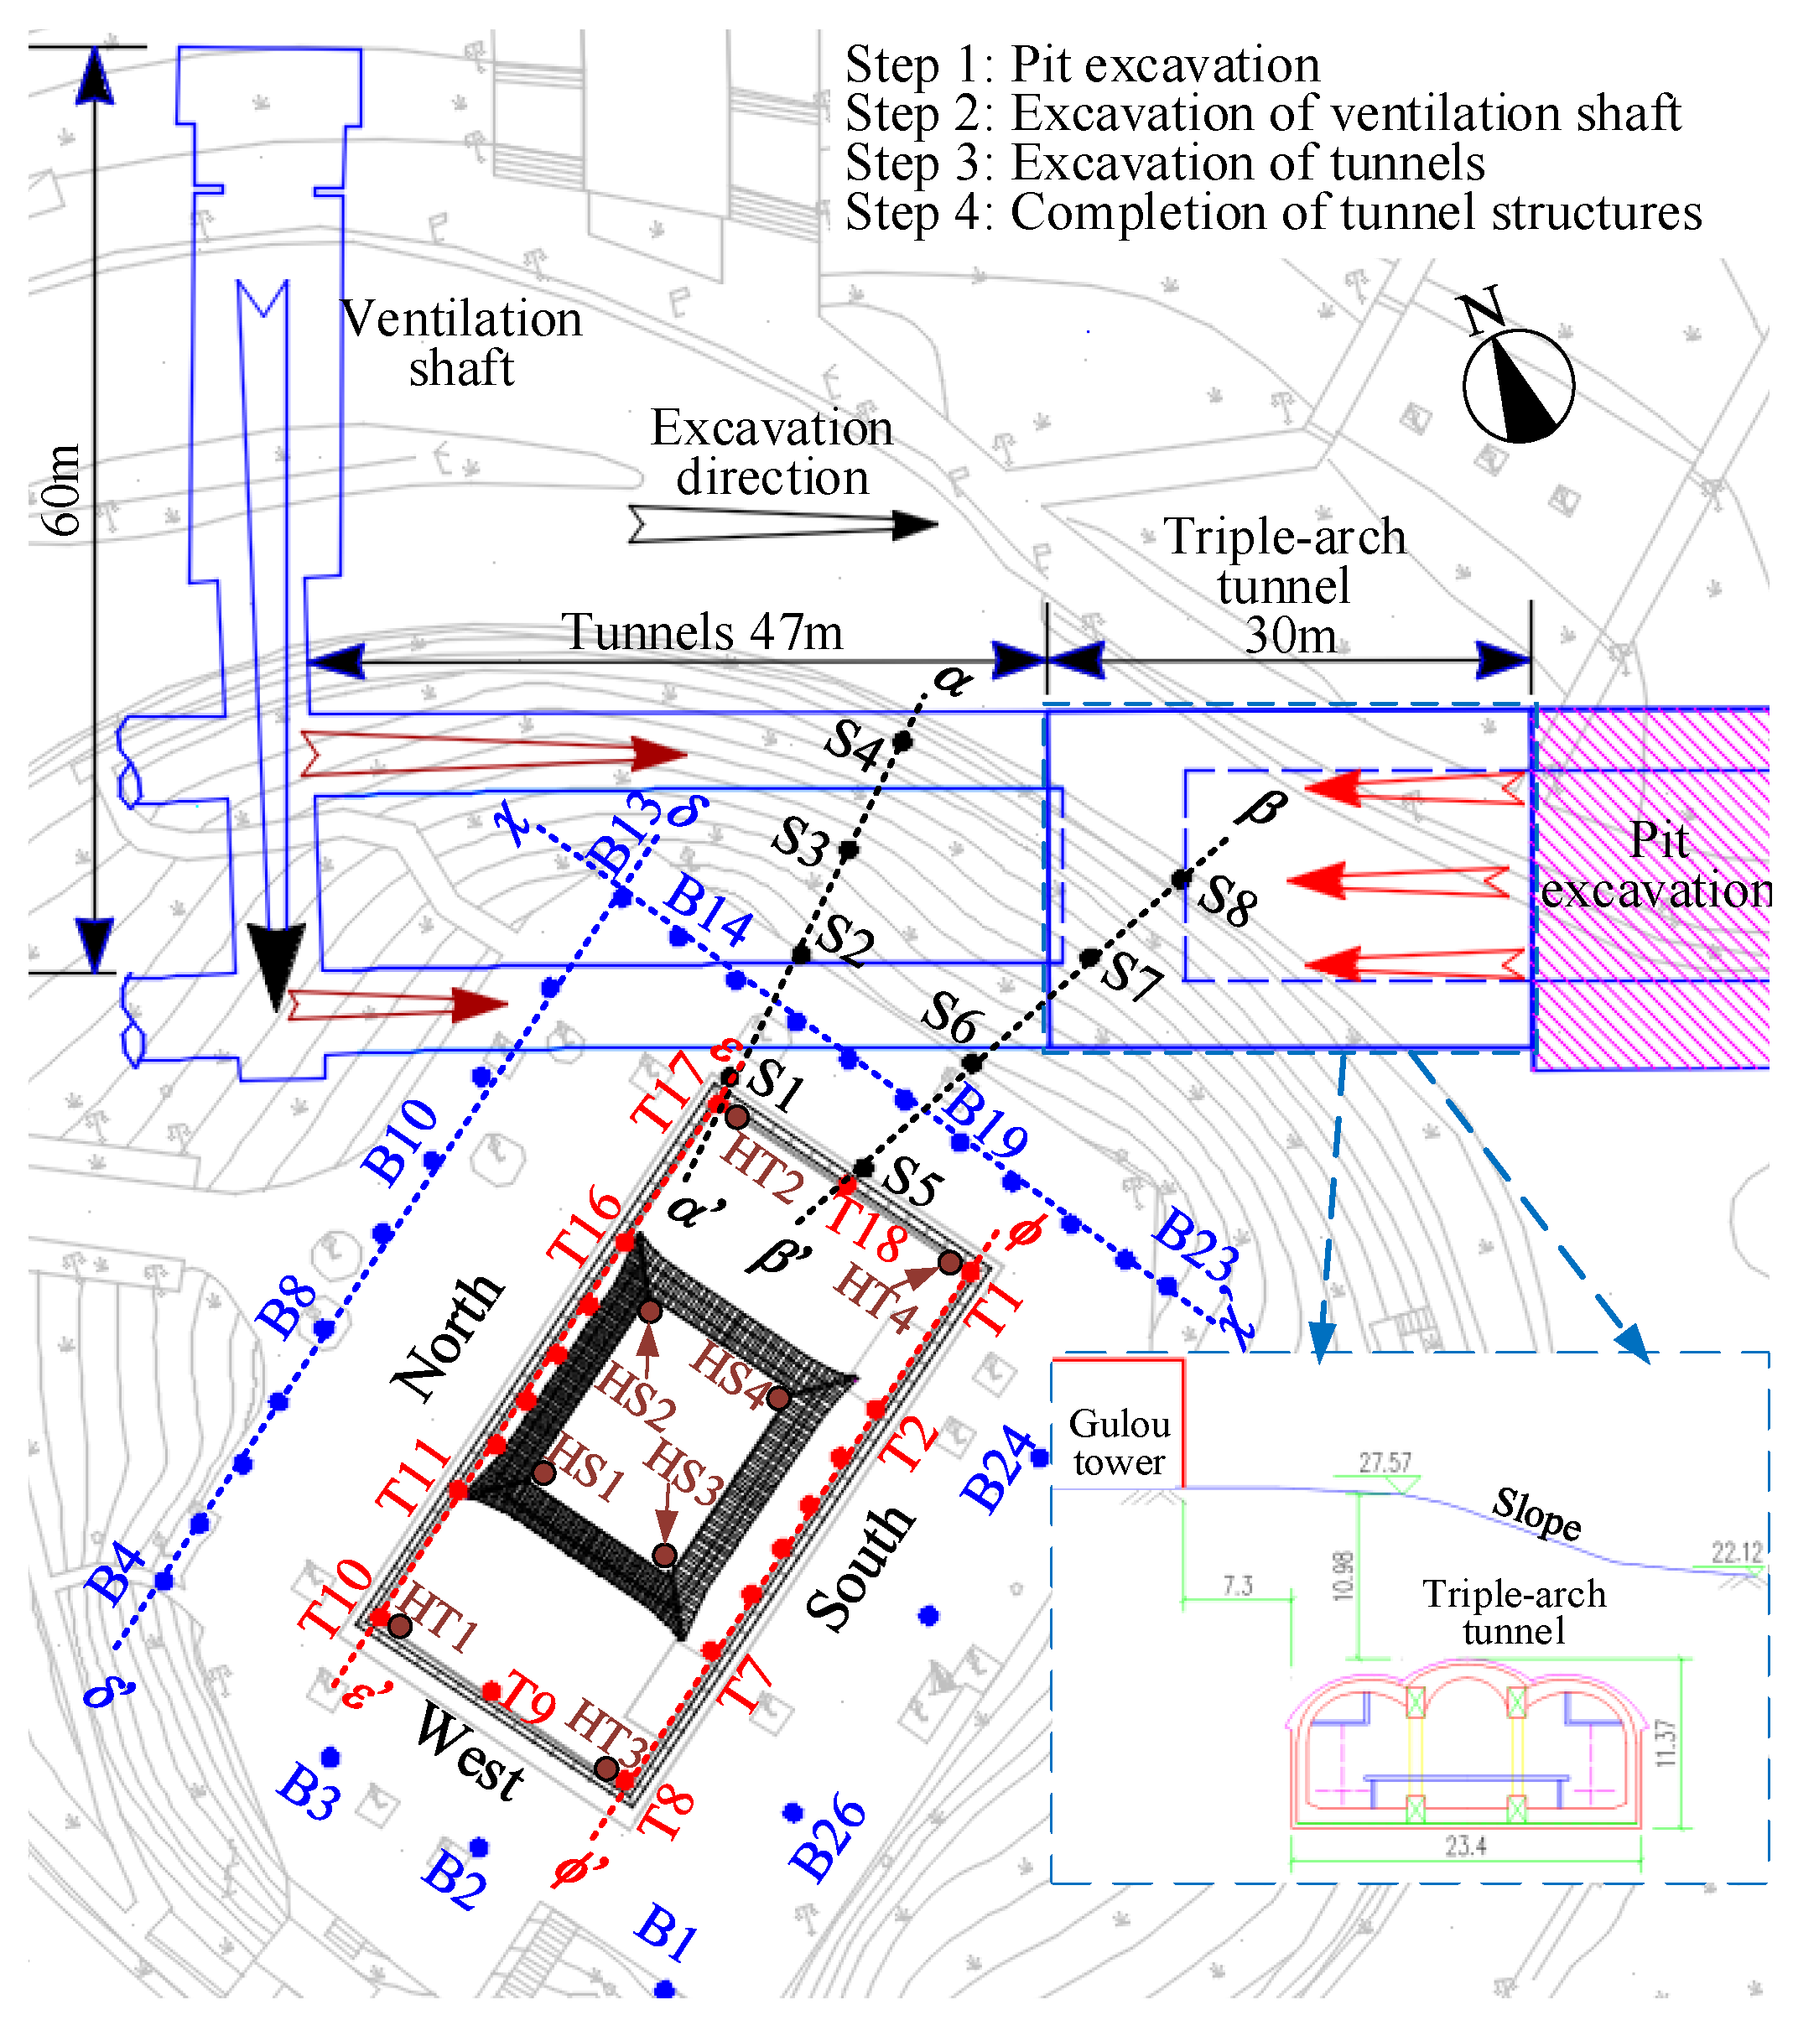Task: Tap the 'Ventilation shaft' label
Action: point(461,343)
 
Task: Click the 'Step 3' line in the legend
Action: point(1164,163)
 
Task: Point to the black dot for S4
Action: point(902,740)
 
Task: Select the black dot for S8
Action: point(1181,878)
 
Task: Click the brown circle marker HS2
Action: point(649,1312)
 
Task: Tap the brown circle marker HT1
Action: point(399,1626)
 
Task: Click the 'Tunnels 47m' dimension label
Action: point(702,632)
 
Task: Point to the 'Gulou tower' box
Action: point(1118,1443)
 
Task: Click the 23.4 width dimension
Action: point(1465,1847)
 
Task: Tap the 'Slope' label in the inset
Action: point(1536,1512)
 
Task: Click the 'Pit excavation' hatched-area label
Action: point(1658,865)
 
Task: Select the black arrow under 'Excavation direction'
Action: point(782,523)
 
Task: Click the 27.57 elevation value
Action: point(1385,1462)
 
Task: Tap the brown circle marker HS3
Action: point(665,1554)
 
